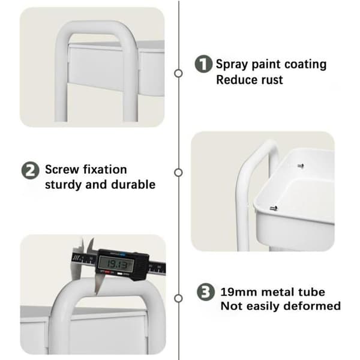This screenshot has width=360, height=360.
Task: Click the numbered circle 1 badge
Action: pyautogui.click(x=203, y=64)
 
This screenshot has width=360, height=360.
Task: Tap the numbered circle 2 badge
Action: pyautogui.click(x=31, y=170)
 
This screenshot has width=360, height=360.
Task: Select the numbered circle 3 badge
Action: pyautogui.click(x=206, y=292)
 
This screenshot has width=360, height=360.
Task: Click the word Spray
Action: pyautogui.click(x=232, y=65)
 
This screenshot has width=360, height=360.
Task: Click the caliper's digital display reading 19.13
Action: pyautogui.click(x=116, y=263)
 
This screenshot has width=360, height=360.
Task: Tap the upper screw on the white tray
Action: pyautogui.click(x=301, y=166)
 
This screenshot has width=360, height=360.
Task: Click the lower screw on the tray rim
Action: pyautogui.click(x=273, y=208)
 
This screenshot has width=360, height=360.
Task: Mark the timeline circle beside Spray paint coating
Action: pyautogui.click(x=178, y=73)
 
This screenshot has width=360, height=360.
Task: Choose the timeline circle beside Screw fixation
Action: pyautogui.click(x=178, y=173)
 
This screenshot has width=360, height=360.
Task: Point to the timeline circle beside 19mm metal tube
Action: pyautogui.click(x=178, y=298)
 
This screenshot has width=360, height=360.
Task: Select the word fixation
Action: pyautogui.click(x=105, y=170)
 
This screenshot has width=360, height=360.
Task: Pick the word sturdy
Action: pyautogui.click(x=63, y=185)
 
